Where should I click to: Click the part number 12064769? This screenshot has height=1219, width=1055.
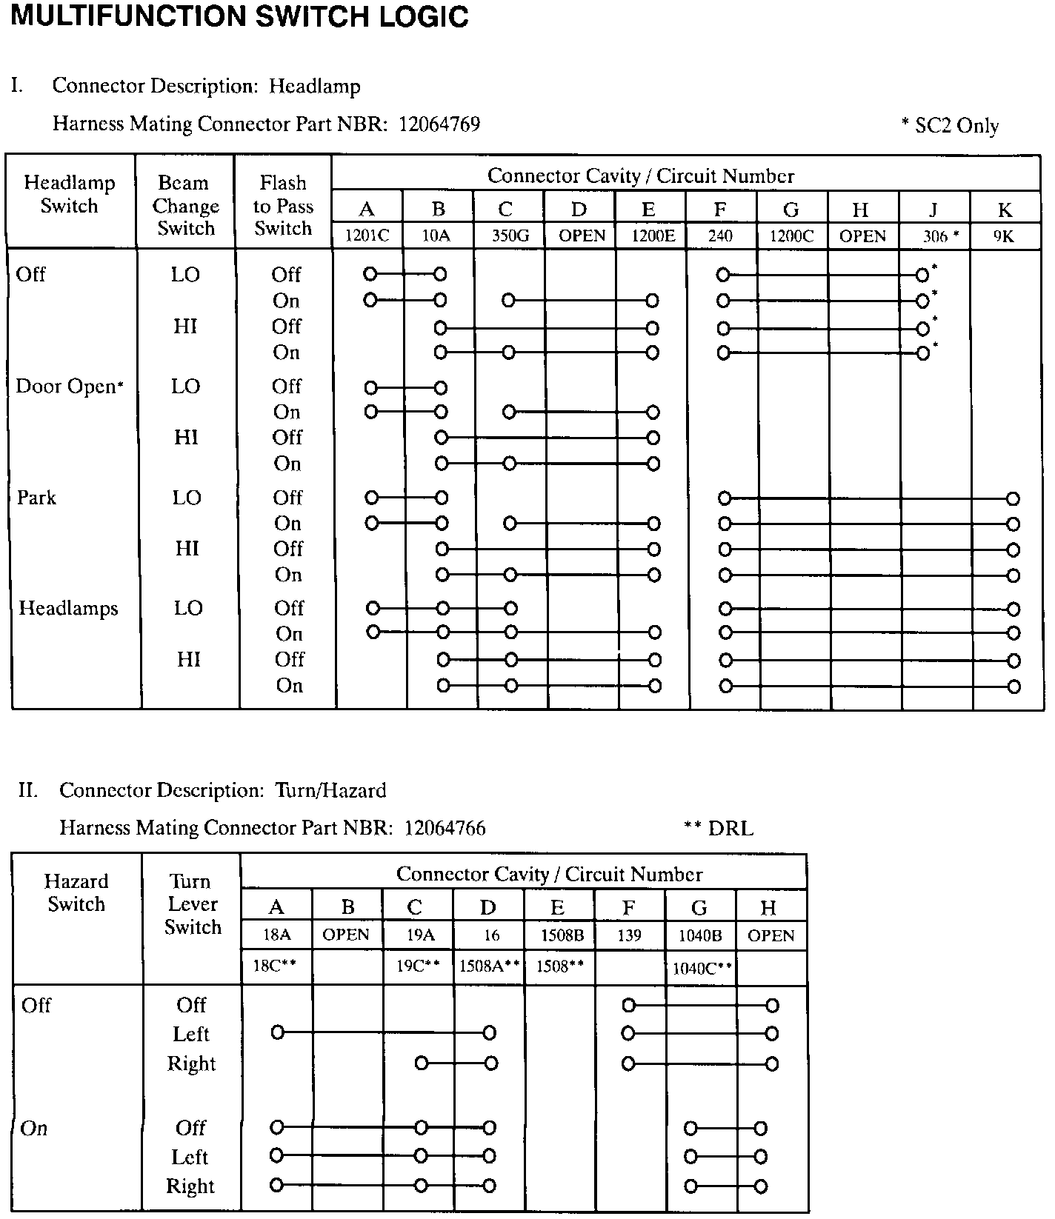tap(439, 124)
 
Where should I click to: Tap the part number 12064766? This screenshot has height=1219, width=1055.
tap(445, 827)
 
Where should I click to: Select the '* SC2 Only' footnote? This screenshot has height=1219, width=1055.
tap(950, 126)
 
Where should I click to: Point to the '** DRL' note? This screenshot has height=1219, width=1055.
tap(718, 828)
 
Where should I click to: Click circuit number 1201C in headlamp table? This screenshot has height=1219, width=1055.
tap(367, 236)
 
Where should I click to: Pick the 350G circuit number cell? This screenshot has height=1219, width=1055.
tap(510, 236)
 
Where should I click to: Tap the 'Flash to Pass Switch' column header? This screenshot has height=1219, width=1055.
tap(283, 205)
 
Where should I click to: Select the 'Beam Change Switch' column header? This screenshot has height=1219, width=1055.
tap(185, 205)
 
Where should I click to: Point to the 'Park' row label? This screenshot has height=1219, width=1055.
tap(36, 498)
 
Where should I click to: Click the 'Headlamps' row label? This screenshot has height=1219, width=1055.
tap(68, 609)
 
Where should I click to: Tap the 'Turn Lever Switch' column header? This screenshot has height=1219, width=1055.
tap(192, 904)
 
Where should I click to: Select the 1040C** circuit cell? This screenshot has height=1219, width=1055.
tap(702, 968)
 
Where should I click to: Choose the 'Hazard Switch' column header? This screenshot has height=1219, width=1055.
tap(76, 892)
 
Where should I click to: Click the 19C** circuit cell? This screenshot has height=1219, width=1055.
tap(418, 966)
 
